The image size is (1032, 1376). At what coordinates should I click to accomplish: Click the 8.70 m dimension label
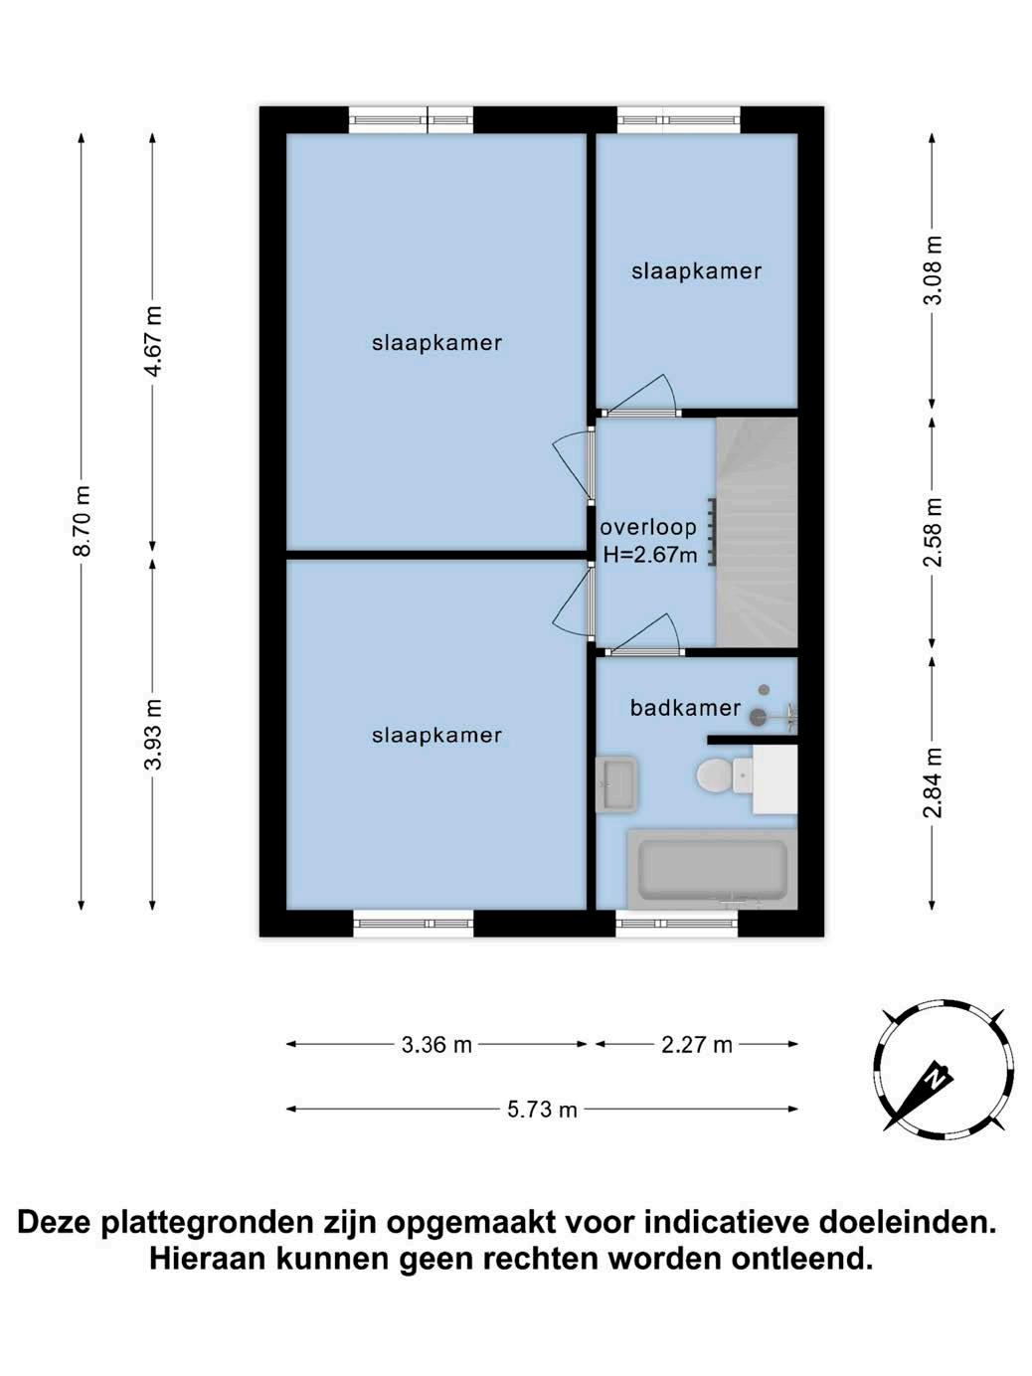tap(84, 520)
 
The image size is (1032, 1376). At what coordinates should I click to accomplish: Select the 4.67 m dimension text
tap(153, 340)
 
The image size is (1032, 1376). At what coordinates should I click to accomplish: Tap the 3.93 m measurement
tap(153, 734)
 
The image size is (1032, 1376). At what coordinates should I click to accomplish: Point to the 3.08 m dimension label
tap(934, 270)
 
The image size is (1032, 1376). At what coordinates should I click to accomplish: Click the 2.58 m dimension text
tap(934, 532)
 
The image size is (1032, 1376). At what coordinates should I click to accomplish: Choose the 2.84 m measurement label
tap(934, 783)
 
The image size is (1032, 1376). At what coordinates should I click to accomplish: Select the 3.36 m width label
tap(436, 1045)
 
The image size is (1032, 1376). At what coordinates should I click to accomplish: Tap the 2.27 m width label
tap(697, 1045)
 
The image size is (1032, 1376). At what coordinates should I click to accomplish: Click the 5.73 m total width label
tap(542, 1111)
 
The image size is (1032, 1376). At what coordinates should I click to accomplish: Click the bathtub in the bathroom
tap(713, 870)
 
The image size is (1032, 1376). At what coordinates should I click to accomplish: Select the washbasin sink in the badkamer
tap(616, 784)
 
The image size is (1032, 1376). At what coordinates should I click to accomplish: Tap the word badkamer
tap(685, 708)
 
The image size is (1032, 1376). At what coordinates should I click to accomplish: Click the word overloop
tap(648, 527)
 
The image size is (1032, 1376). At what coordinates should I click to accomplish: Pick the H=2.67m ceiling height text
tap(650, 555)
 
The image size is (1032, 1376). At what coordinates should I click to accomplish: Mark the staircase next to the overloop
tap(757, 532)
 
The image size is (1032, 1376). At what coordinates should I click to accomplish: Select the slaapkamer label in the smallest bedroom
tap(696, 271)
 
